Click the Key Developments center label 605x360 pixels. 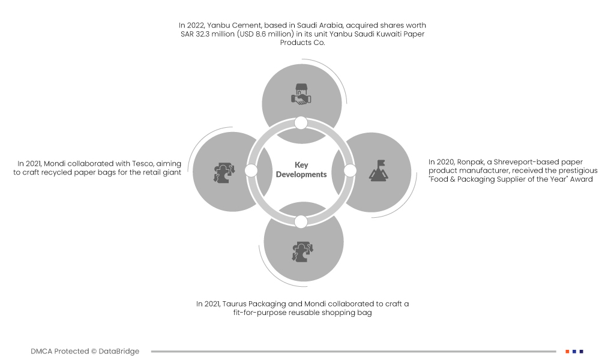[301, 170]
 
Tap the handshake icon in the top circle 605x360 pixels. [301, 95]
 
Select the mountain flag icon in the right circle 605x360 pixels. [377, 170]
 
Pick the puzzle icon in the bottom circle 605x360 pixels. [301, 251]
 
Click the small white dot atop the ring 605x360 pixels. [301, 123]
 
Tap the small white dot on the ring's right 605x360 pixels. [351, 171]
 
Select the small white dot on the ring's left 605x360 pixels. [251, 171]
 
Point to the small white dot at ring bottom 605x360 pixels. [301, 221]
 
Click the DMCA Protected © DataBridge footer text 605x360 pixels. [85, 351]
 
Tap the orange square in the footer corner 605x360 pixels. [567, 351]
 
